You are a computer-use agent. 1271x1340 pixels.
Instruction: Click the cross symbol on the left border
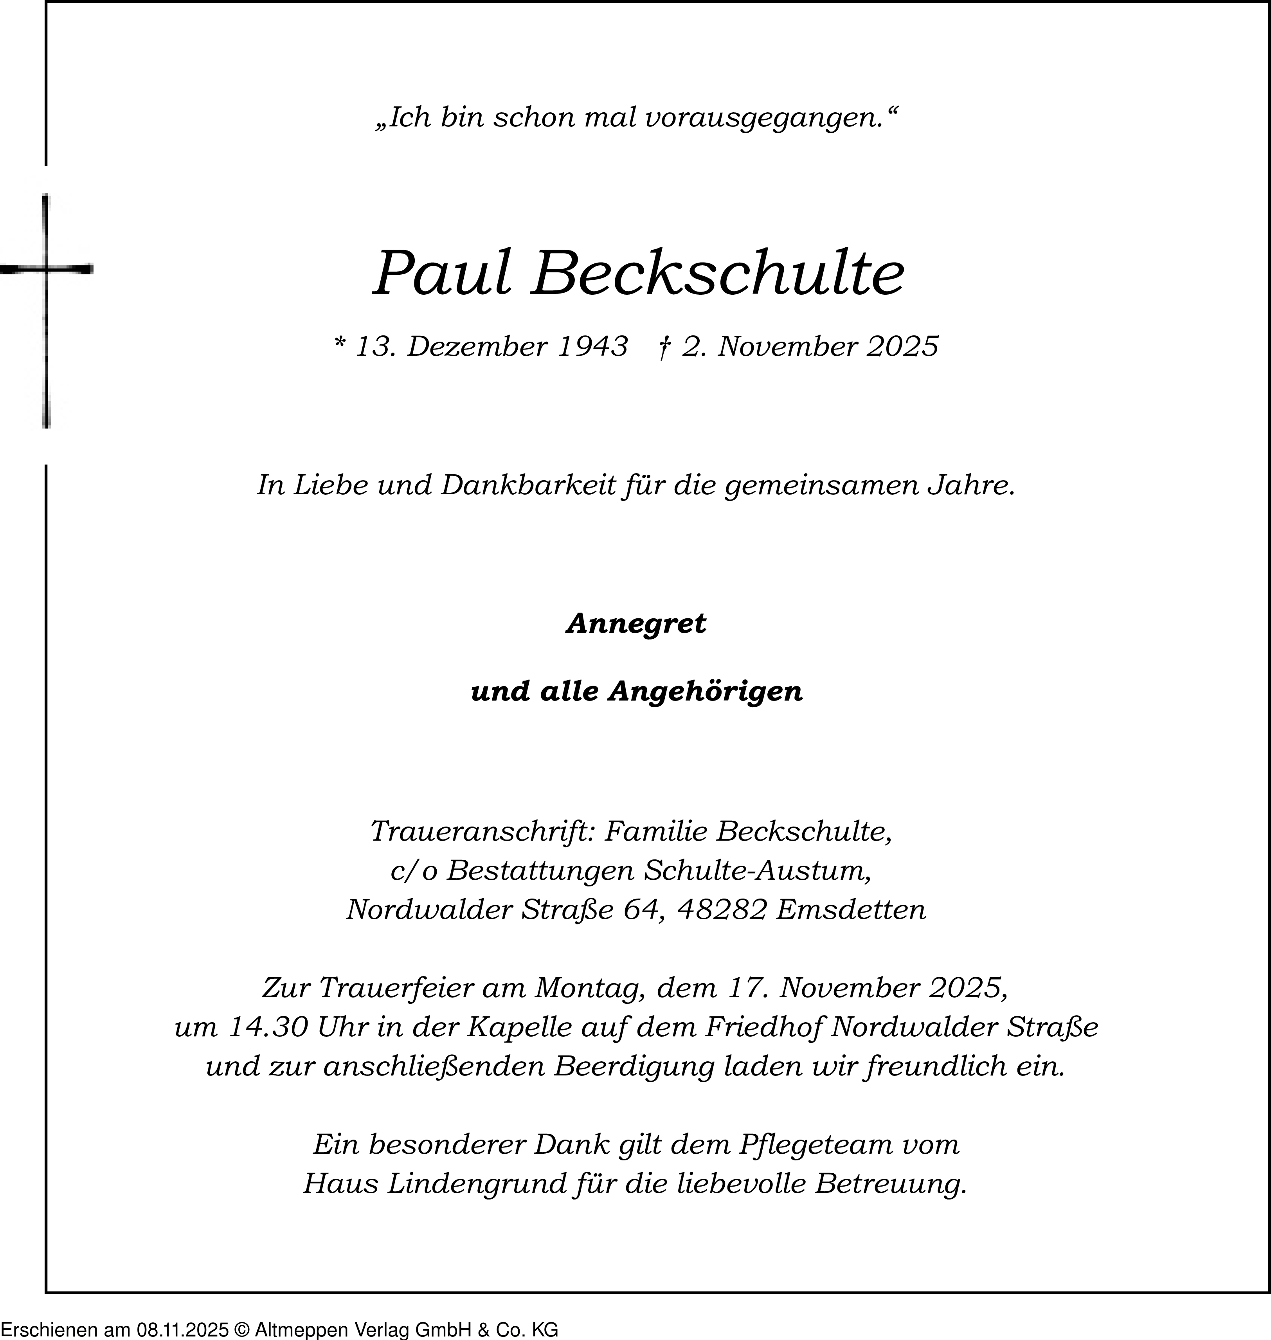pyautogui.click(x=46, y=270)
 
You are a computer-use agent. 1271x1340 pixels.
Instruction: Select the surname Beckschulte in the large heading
pyautogui.click(x=717, y=274)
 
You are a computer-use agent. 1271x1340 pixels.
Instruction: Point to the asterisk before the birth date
pyautogui.click(x=340, y=344)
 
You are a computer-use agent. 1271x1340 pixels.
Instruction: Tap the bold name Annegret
pyautogui.click(x=636, y=623)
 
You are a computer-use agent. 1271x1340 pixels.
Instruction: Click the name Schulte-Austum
pyautogui.click(x=758, y=870)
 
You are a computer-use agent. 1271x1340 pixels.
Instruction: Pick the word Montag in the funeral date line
pyautogui.click(x=589, y=989)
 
